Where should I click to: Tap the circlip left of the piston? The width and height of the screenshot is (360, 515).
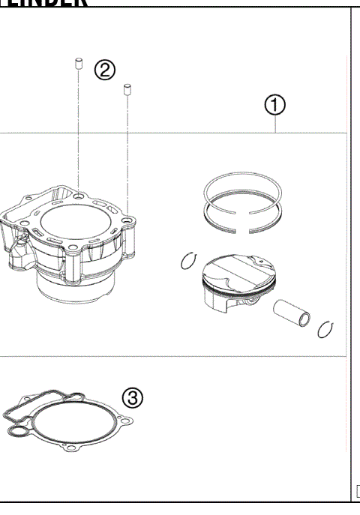click(188, 262)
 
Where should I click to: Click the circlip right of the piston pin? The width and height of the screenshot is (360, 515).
click(325, 328)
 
